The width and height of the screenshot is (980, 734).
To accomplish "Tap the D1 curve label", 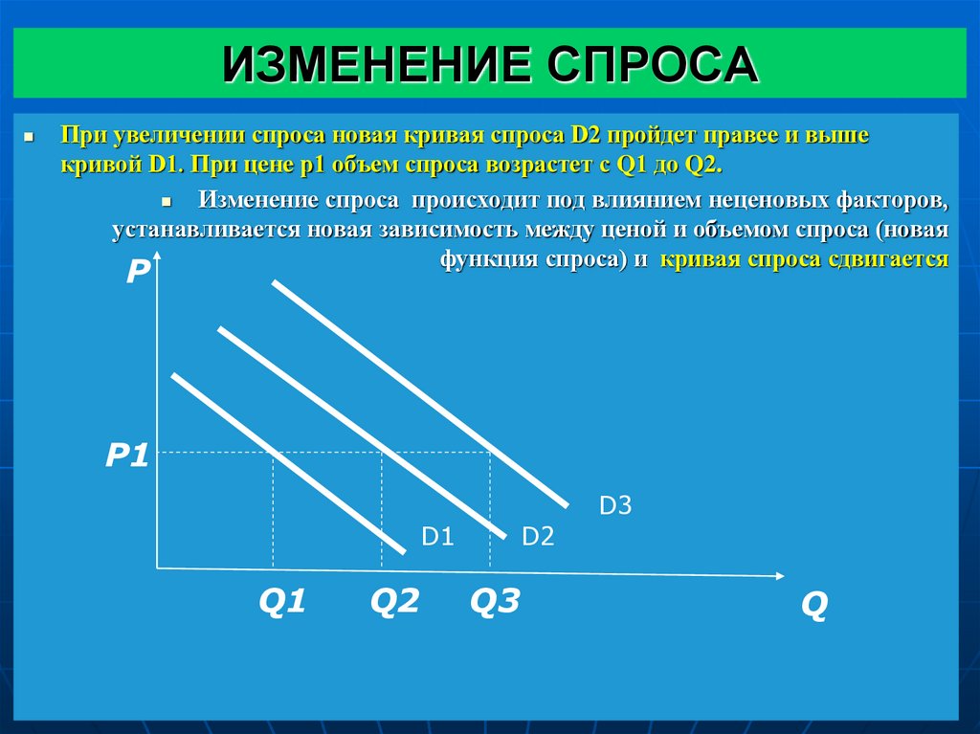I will click(x=436, y=537).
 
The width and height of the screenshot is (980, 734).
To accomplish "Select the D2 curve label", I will click(x=538, y=537).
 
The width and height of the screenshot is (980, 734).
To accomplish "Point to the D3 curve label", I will click(x=615, y=505).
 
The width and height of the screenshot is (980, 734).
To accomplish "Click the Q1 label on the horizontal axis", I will click(x=281, y=602).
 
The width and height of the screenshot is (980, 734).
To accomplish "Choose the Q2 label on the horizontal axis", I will click(x=395, y=602).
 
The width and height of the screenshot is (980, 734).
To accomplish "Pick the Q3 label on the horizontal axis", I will click(x=495, y=602).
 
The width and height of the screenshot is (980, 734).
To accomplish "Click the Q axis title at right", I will click(x=813, y=606).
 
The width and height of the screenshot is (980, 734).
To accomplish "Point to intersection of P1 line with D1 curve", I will click(x=275, y=452).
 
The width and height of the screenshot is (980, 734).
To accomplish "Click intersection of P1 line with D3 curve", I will click(x=491, y=452).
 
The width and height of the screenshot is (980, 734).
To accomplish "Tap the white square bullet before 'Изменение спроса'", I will click(x=165, y=204).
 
